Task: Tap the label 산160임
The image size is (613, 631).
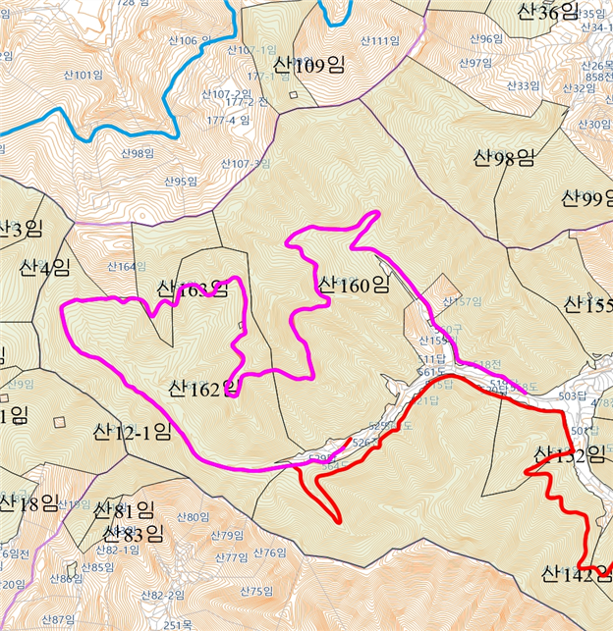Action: click(354, 286)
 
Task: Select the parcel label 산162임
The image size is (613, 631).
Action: click(204, 389)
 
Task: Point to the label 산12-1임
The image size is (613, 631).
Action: click(133, 431)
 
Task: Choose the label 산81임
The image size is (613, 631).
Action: click(125, 510)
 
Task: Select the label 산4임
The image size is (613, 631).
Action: click(44, 267)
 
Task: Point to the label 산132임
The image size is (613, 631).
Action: click(569, 455)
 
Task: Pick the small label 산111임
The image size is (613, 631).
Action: click(379, 40)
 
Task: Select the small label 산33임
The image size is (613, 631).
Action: click(523, 86)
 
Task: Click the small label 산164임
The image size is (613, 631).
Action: click(126, 266)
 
